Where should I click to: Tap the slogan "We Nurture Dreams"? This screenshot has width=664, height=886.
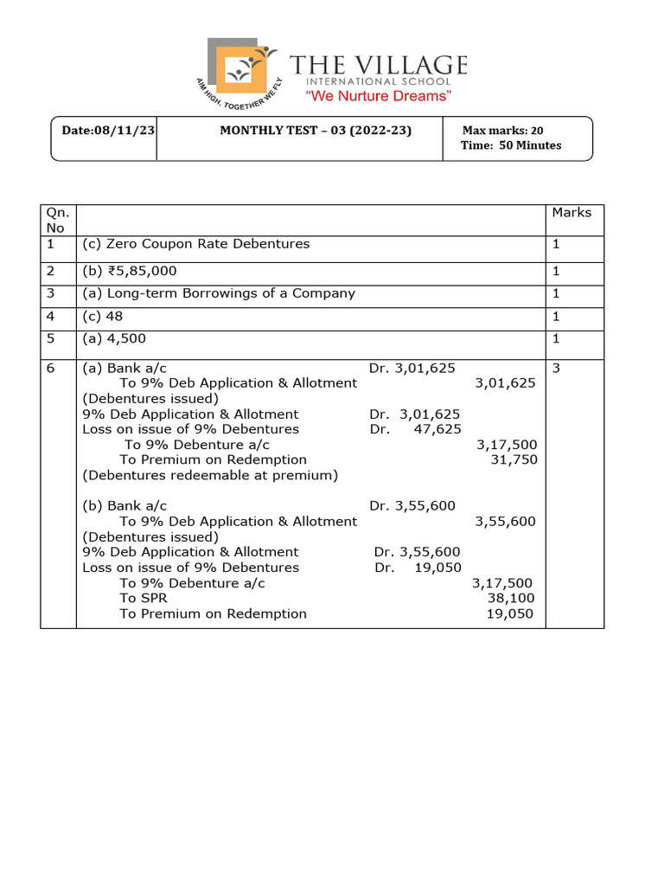[380, 96]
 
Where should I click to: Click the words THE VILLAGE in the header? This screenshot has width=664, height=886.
[378, 66]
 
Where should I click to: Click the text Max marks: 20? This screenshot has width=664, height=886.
[503, 130]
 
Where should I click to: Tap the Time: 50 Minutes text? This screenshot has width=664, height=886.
[512, 145]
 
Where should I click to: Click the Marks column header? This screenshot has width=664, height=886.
[571, 212]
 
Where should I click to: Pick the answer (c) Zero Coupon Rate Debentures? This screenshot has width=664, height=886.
[195, 244]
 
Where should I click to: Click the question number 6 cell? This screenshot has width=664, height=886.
[51, 368]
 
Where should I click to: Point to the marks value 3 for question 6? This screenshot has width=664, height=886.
[556, 368]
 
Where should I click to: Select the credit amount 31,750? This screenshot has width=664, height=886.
[514, 459]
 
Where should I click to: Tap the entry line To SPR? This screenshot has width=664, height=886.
[143, 598]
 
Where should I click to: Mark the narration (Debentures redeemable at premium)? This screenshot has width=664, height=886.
[209, 475]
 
